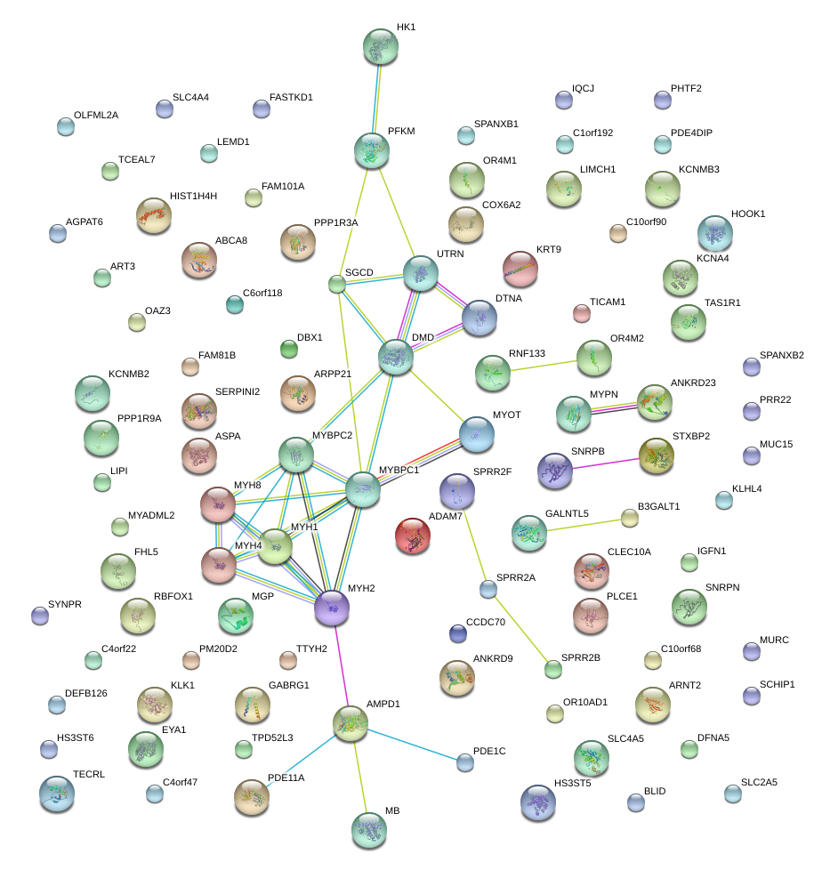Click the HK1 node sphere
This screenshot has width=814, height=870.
381,46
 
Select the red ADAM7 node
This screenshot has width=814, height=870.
412,536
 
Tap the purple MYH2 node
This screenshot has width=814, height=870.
332,608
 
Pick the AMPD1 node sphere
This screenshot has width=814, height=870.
351,723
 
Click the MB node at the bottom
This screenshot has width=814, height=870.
368,829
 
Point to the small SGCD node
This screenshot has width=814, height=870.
336,284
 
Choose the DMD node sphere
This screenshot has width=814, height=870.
396,357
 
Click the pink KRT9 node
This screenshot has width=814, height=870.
520,269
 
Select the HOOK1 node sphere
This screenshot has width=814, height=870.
714,233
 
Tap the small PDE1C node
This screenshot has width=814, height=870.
464,761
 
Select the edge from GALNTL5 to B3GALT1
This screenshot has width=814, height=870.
583,525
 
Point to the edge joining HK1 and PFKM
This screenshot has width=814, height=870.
377,98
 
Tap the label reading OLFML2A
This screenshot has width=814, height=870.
96,115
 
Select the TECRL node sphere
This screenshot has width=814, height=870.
57,793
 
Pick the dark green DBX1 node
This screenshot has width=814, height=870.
289,349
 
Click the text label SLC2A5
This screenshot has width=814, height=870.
758,783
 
